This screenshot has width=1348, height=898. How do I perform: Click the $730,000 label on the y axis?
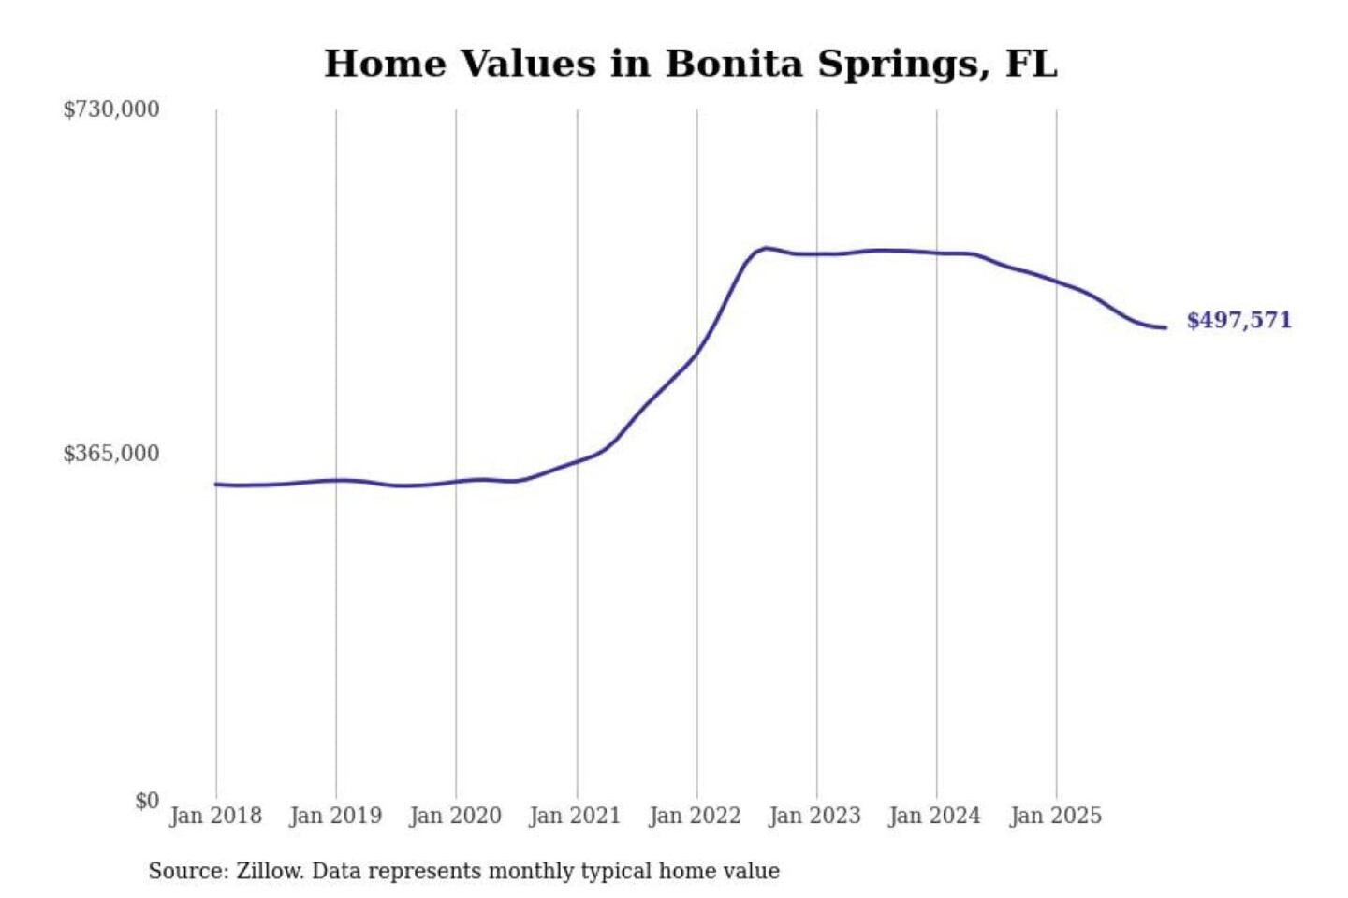click(x=111, y=109)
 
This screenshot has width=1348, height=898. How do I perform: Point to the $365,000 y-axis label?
click(x=111, y=454)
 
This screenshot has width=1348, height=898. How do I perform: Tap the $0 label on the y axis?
click(x=147, y=801)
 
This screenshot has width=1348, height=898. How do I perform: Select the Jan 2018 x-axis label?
click(x=215, y=816)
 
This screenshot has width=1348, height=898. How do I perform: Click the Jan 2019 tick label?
click(x=336, y=816)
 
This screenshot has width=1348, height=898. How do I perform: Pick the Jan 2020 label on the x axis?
click(x=456, y=816)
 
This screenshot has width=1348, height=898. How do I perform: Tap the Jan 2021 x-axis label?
click(x=576, y=816)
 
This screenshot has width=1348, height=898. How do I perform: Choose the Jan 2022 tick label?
click(x=696, y=816)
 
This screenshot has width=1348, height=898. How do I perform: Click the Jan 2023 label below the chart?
click(x=815, y=816)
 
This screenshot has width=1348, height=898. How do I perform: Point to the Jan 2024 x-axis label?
click(x=935, y=816)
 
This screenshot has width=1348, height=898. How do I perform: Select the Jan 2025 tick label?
click(x=1056, y=816)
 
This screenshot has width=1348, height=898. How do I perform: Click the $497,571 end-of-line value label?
click(x=1238, y=320)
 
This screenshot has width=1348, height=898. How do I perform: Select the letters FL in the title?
click(x=1032, y=64)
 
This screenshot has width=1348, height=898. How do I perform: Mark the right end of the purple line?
click(x=1165, y=327)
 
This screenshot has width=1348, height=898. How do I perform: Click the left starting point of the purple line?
click(x=216, y=485)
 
